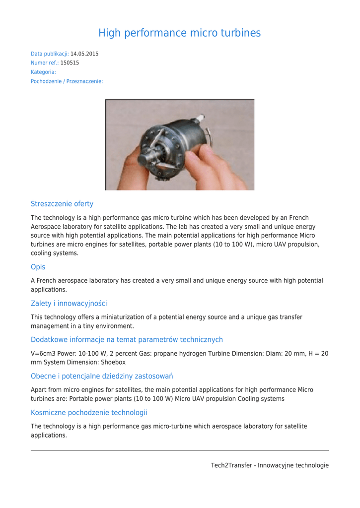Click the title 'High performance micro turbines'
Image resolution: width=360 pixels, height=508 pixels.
[179, 33]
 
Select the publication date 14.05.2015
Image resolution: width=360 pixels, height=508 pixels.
[84, 54]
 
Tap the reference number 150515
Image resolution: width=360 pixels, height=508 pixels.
[70, 63]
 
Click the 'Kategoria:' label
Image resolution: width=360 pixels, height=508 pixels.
[43, 72]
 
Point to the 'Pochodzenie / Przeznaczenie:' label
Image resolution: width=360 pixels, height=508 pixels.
[67, 81]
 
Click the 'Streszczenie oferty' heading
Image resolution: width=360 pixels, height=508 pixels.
[62, 203]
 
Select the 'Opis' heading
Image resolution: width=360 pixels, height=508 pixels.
[38, 267]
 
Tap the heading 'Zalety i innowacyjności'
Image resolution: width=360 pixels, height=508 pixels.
[69, 303]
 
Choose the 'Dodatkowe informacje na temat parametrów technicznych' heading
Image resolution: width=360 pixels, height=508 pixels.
[127, 339]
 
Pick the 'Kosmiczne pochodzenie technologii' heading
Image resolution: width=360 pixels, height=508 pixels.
[89, 412]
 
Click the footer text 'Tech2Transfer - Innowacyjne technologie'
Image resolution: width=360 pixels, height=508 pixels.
[270, 465]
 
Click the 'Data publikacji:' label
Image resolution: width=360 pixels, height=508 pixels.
[50, 54]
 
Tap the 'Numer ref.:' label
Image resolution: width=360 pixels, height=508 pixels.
[45, 63]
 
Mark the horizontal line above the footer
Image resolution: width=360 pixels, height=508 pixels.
[180, 450]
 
